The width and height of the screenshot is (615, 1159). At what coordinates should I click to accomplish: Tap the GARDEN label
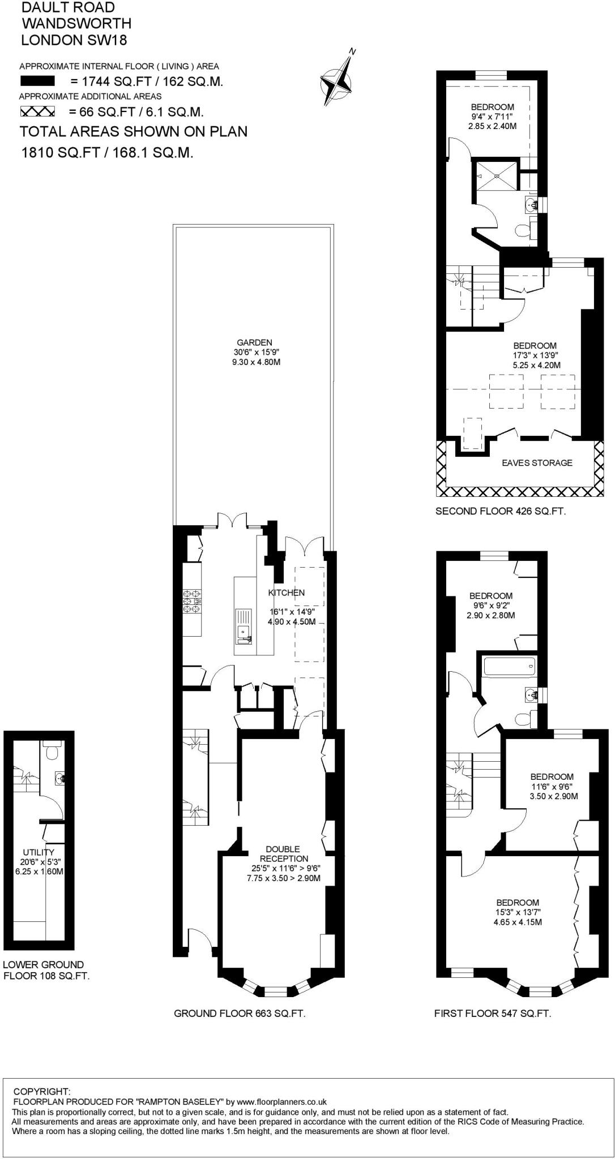(x=254, y=342)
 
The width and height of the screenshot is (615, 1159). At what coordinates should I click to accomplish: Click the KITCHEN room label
(x=287, y=593)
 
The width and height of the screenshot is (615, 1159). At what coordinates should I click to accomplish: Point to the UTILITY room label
(x=39, y=852)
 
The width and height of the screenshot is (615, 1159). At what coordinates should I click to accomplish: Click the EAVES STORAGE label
(x=537, y=463)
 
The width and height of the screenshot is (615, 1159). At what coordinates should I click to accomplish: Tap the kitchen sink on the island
(x=244, y=629)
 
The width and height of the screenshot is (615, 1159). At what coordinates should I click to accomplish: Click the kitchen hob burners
(x=191, y=602)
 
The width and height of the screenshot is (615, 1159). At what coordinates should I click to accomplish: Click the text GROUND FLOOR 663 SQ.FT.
(x=240, y=1014)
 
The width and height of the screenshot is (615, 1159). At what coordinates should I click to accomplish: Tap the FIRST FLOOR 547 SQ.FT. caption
(x=492, y=1014)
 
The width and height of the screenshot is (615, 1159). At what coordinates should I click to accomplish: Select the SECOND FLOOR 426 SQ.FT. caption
(x=500, y=511)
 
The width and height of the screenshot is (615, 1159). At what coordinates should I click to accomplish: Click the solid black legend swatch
(x=37, y=81)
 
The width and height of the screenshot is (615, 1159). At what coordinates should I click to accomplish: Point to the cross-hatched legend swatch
(x=37, y=111)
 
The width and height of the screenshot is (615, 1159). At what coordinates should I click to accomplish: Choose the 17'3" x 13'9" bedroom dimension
(x=535, y=355)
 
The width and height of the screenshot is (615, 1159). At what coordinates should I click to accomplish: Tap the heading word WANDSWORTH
(x=76, y=23)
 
